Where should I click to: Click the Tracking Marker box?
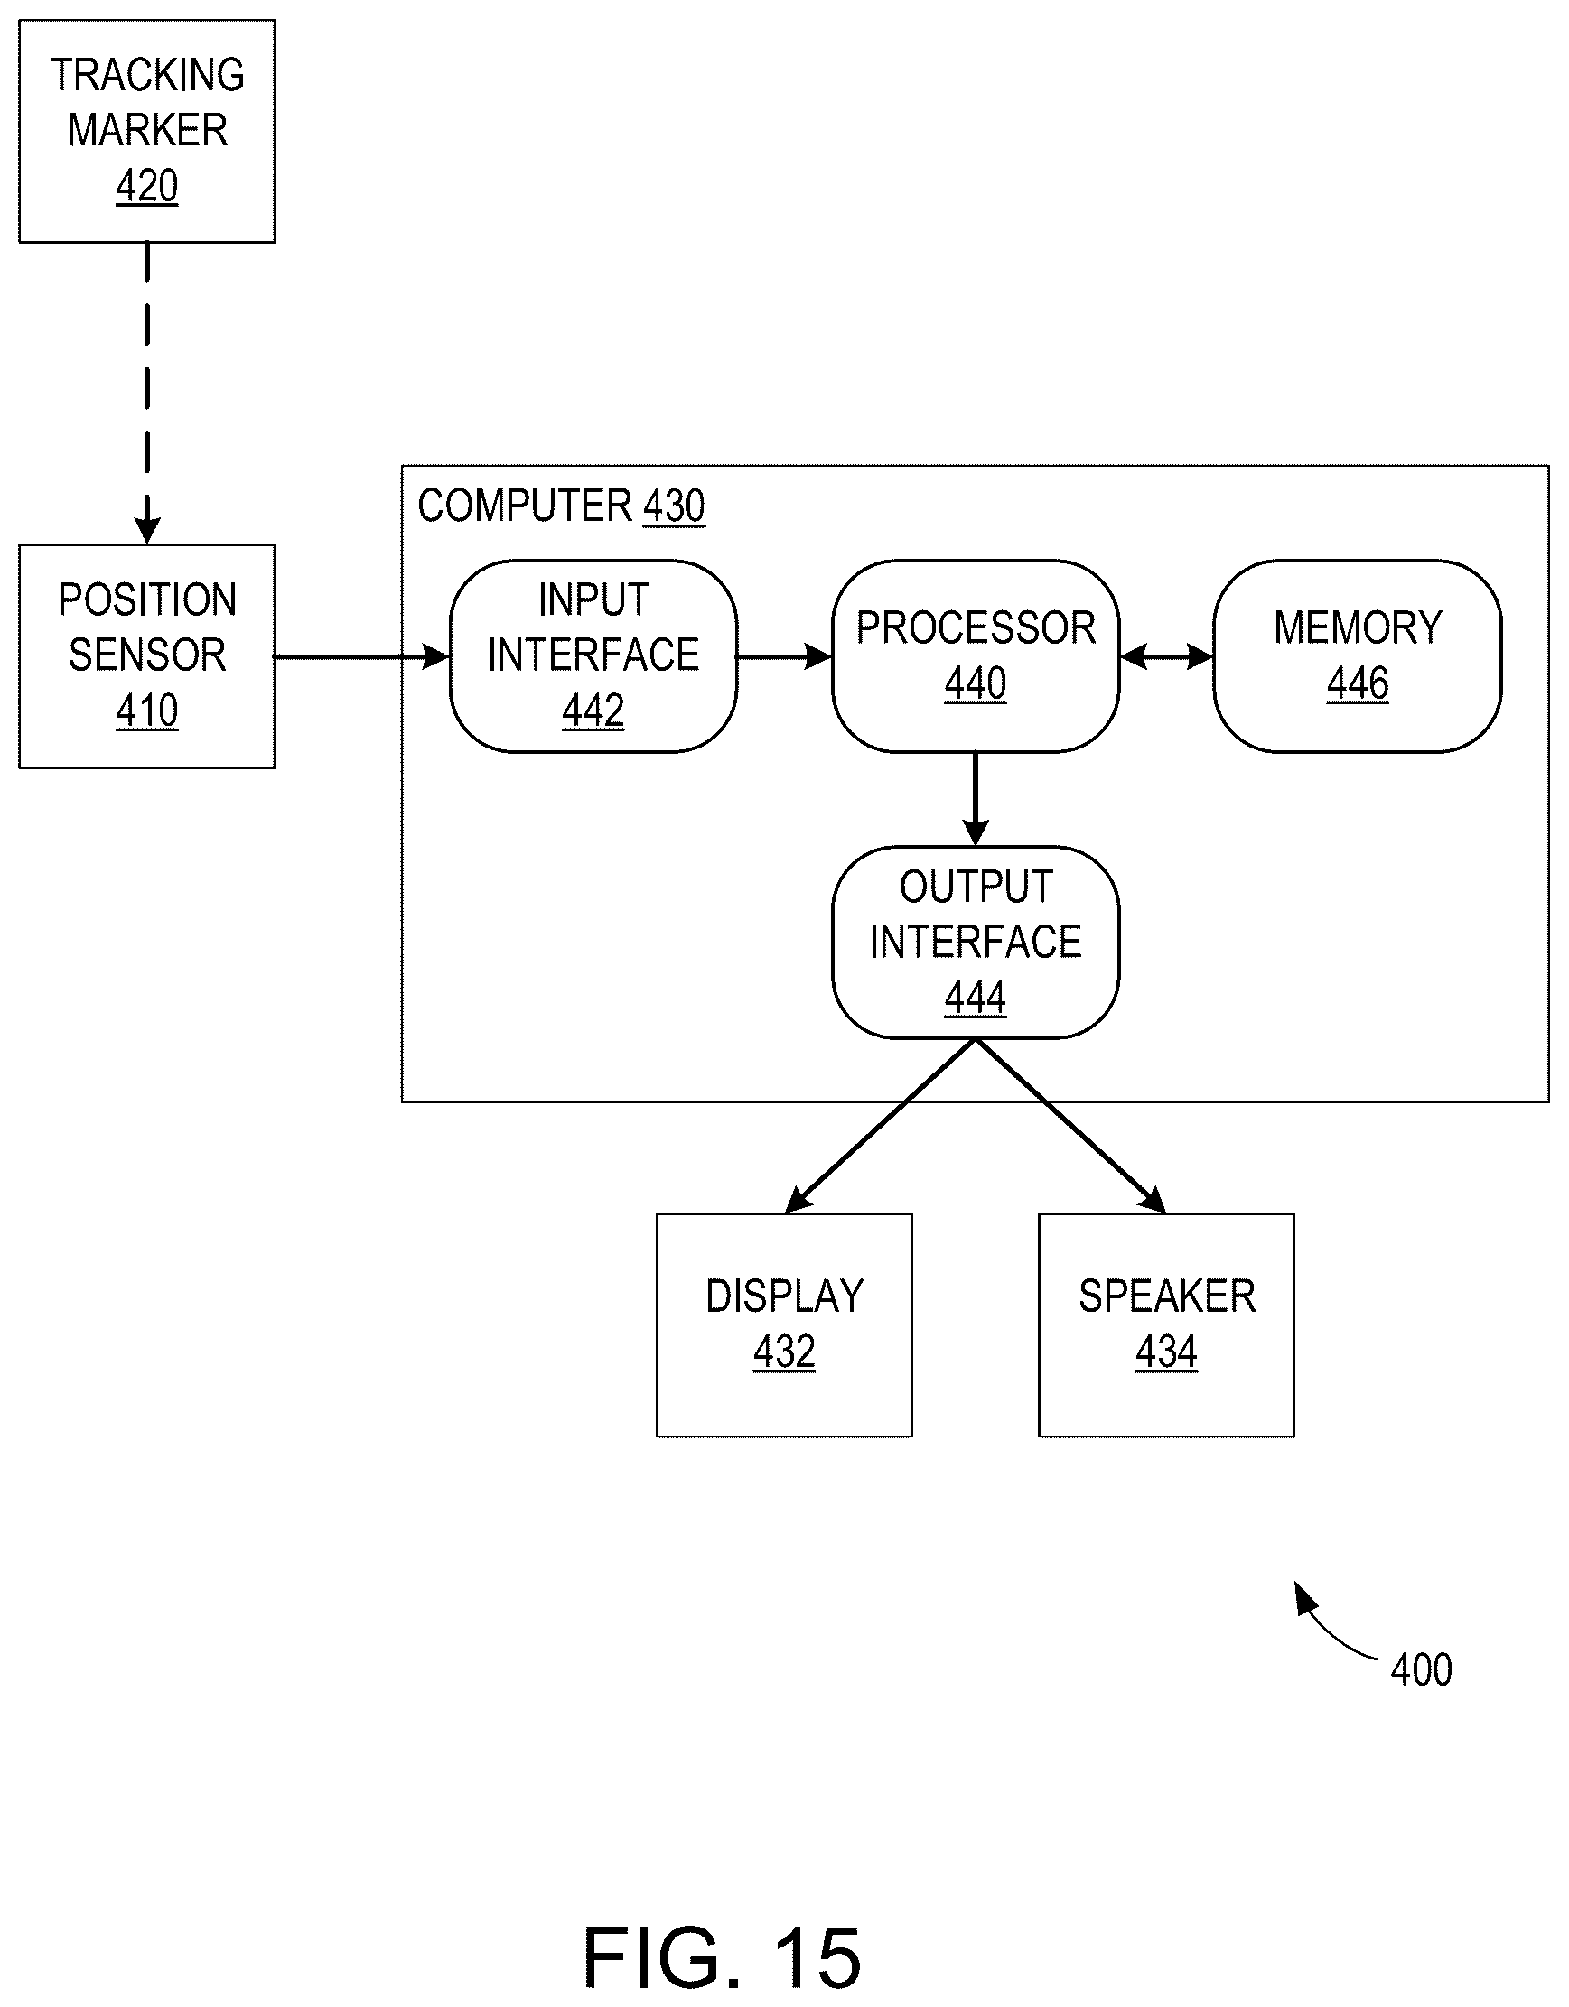click(x=147, y=132)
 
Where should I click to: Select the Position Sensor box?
click(x=147, y=656)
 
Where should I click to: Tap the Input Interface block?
click(x=593, y=656)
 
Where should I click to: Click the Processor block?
click(x=976, y=656)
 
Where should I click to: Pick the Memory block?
click(x=1358, y=656)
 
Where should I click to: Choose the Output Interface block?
click(x=976, y=943)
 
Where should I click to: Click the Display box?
click(x=784, y=1325)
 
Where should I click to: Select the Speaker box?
click(x=1166, y=1325)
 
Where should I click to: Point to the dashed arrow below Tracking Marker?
click(x=147, y=394)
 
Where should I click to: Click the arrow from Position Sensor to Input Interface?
click(x=362, y=657)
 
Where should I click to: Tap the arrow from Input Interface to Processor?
click(x=785, y=656)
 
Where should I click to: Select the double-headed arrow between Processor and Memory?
click(x=1166, y=656)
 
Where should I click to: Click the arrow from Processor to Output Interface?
click(x=976, y=800)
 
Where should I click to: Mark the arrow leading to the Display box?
click(x=880, y=1126)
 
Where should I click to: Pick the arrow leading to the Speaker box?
click(x=1070, y=1126)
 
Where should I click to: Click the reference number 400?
click(x=1421, y=1669)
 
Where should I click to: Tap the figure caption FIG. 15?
click(x=723, y=1957)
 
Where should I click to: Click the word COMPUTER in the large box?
click(x=525, y=506)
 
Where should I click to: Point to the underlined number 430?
click(x=674, y=506)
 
